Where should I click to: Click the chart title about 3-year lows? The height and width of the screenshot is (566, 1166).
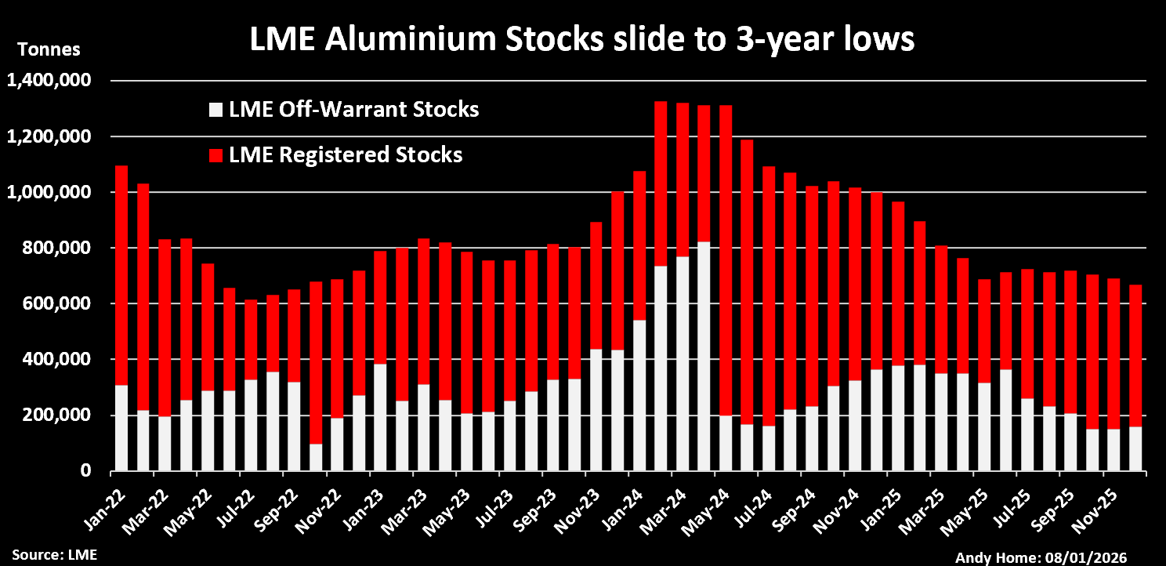click(x=581, y=39)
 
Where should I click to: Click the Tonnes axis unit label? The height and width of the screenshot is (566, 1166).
click(x=49, y=49)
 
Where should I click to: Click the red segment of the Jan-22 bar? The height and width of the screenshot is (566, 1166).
click(x=121, y=274)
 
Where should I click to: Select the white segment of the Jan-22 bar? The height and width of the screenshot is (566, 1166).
click(x=121, y=428)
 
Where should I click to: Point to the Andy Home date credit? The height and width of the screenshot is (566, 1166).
click(x=1041, y=557)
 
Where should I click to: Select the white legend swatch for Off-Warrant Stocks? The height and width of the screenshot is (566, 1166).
click(x=216, y=111)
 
